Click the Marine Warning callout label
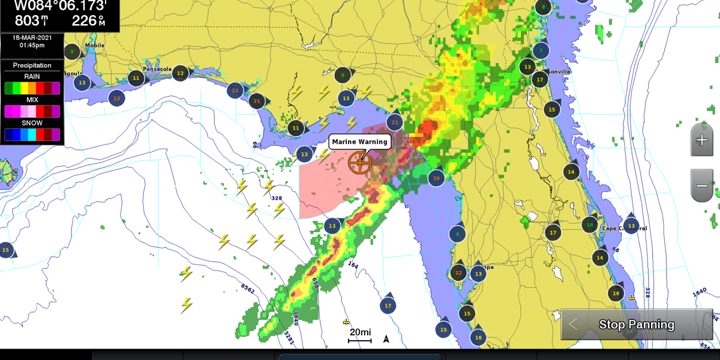360,142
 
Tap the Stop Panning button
637,325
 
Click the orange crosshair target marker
360,162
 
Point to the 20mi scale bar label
361,332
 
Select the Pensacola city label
158,69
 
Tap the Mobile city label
95,46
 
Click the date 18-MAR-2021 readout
32,38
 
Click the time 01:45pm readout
32,46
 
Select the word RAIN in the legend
32,76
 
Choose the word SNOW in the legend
32,123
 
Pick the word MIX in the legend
32,100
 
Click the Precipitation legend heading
32,65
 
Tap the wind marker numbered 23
116,98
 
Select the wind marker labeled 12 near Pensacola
180,73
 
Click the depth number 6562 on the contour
247,291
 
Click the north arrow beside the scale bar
386,339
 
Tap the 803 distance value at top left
27,21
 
